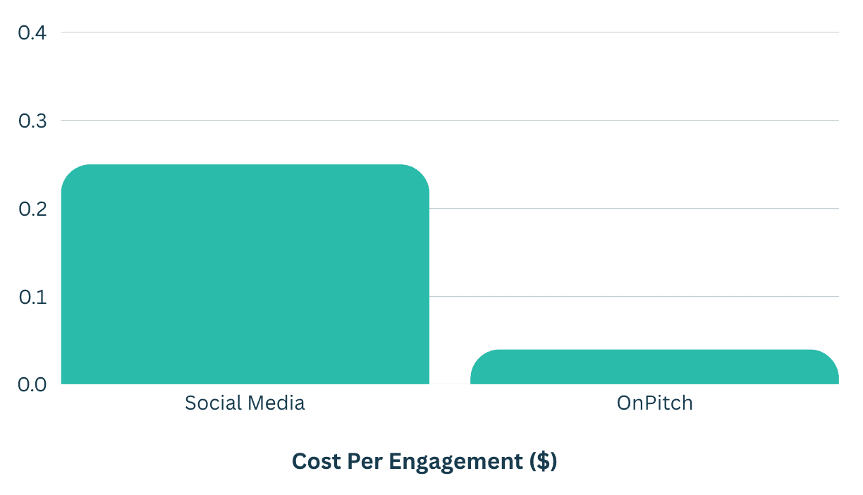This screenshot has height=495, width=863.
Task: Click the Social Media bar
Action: click(x=245, y=274)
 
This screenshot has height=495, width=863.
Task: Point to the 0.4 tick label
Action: click(x=32, y=32)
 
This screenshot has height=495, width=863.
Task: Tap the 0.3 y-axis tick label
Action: click(x=32, y=121)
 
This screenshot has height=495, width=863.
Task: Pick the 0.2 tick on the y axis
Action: click(x=32, y=209)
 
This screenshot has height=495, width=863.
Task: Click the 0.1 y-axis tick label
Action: click(x=32, y=297)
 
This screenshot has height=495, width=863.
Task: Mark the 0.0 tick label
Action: click(x=32, y=384)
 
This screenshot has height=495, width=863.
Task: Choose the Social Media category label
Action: click(x=245, y=403)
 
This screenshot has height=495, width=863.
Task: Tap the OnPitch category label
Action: click(x=654, y=403)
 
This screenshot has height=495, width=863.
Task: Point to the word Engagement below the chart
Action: click(x=456, y=461)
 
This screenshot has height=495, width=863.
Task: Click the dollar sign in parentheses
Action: click(x=544, y=461)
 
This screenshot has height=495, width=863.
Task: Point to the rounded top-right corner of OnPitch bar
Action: click(x=831, y=356)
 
